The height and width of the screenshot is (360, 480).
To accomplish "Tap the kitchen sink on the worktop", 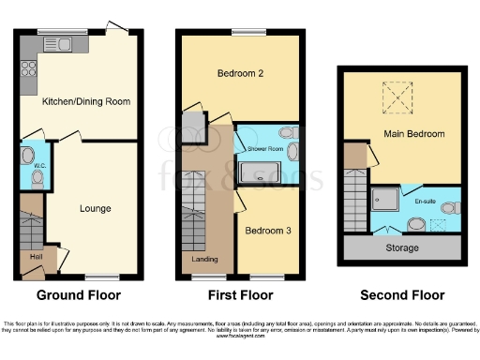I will click(x=64, y=43).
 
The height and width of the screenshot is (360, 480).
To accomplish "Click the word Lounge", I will click(x=96, y=208).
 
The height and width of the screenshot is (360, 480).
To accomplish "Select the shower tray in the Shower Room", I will click(x=255, y=172).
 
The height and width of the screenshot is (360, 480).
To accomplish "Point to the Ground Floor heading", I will click(x=78, y=295).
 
